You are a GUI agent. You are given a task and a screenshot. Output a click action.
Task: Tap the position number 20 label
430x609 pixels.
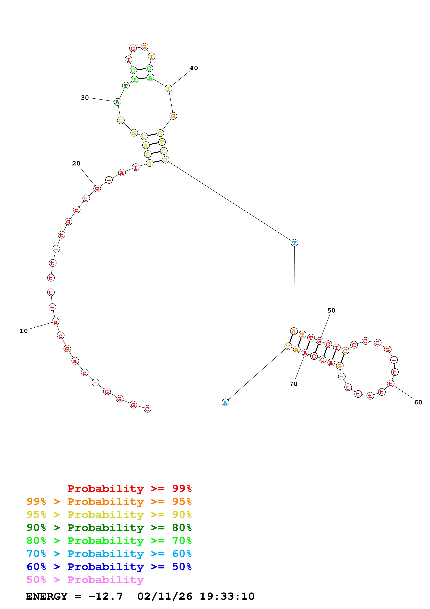(x=76, y=163)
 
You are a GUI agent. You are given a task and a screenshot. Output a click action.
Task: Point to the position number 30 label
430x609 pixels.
(x=85, y=98)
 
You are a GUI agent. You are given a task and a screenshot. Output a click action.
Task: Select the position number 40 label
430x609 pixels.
(x=194, y=68)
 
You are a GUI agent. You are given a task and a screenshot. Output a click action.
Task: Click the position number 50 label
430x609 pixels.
(x=331, y=310)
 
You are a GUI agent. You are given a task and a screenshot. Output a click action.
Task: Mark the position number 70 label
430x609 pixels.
(x=293, y=384)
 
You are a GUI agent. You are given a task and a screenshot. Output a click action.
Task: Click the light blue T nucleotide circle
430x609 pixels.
(x=294, y=243)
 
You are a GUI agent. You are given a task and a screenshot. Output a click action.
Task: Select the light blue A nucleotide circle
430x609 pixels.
(x=225, y=402)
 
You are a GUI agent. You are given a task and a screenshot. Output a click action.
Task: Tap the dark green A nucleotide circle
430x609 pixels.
(x=117, y=102)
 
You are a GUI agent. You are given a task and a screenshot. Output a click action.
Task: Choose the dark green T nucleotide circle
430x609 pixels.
(x=126, y=86)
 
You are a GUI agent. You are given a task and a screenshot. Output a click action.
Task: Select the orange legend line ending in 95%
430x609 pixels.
(x=109, y=502)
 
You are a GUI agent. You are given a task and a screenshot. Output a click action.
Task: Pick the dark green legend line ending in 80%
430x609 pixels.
(x=109, y=528)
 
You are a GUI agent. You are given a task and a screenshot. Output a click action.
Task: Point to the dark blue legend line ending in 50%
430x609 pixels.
(x=109, y=567)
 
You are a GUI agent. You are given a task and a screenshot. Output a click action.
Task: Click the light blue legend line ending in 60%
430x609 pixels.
(x=109, y=554)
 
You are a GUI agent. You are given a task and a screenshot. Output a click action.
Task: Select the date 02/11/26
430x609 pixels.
(x=165, y=596)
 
